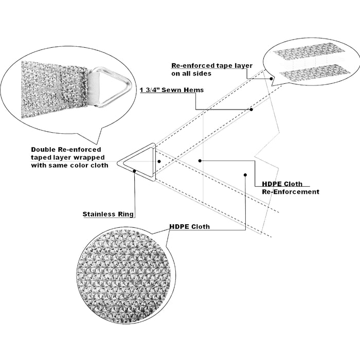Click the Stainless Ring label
pyautogui.click(x=108, y=214)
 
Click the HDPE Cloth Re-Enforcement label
pyautogui.click(x=290, y=188)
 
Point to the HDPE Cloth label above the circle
pyautogui.click(x=189, y=226)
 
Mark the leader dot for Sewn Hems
pyautogui.click(x=251, y=110)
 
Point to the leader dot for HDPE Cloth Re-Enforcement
pyautogui.click(x=200, y=161)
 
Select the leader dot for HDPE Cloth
pyautogui.click(x=245, y=175)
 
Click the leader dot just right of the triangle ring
pyautogui.click(x=159, y=161)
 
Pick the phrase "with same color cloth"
pyautogui.click(x=70, y=165)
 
